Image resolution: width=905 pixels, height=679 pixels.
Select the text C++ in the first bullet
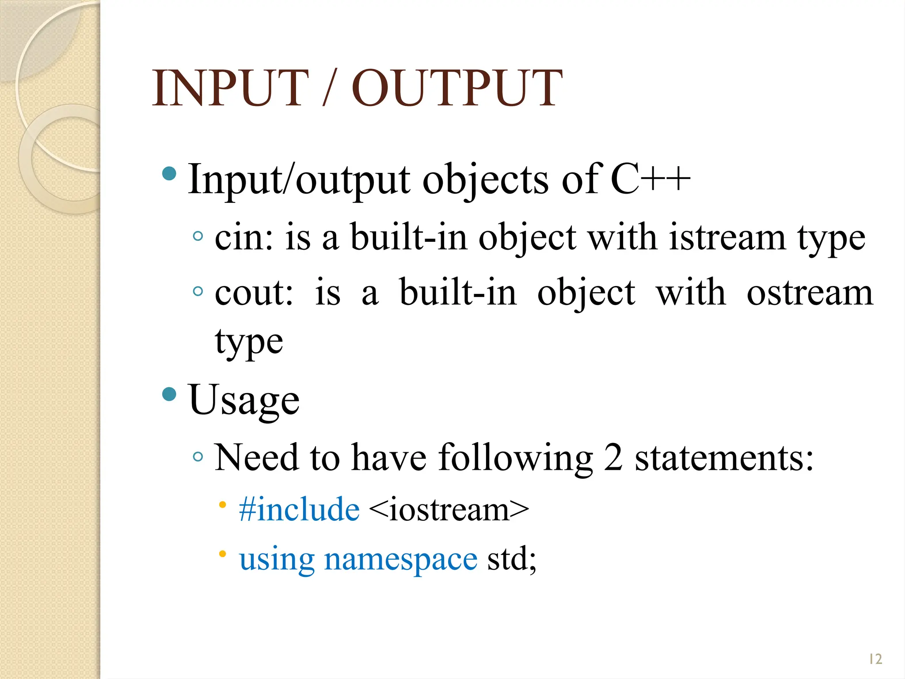coord(650,179)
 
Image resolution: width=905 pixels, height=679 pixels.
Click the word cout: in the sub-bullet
coord(254,293)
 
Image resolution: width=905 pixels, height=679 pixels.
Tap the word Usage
coord(244,400)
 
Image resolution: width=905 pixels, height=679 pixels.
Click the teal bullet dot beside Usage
coord(169,393)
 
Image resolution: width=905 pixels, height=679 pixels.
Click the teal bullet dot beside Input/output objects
coord(169,173)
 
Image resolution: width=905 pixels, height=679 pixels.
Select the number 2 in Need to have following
coord(613,458)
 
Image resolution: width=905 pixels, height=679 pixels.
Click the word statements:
coord(724,458)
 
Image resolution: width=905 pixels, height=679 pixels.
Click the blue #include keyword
coord(299,510)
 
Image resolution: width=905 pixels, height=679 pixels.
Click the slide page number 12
coord(875,659)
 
